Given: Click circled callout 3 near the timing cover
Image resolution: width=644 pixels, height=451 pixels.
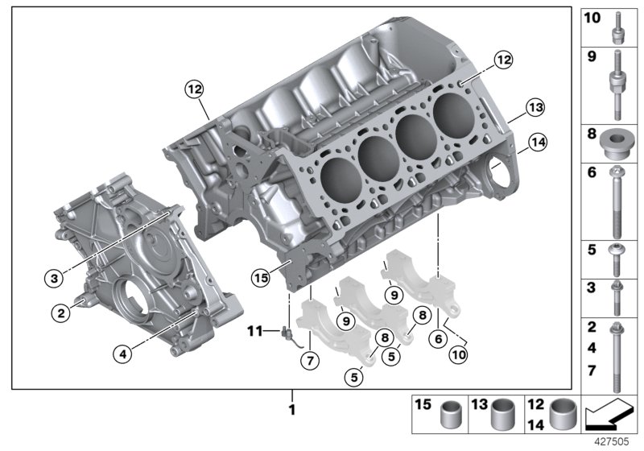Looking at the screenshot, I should click(x=54, y=279).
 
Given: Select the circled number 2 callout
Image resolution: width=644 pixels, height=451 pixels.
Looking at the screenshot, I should click(x=60, y=313).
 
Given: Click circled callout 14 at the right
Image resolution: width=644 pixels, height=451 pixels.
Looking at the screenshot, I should click(x=535, y=144).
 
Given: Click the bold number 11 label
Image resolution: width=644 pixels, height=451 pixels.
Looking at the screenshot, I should click(x=255, y=330).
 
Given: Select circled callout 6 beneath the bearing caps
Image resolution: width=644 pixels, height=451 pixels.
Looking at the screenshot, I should click(x=439, y=338).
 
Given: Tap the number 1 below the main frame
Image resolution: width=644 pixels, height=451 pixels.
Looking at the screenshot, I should click(x=292, y=410).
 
